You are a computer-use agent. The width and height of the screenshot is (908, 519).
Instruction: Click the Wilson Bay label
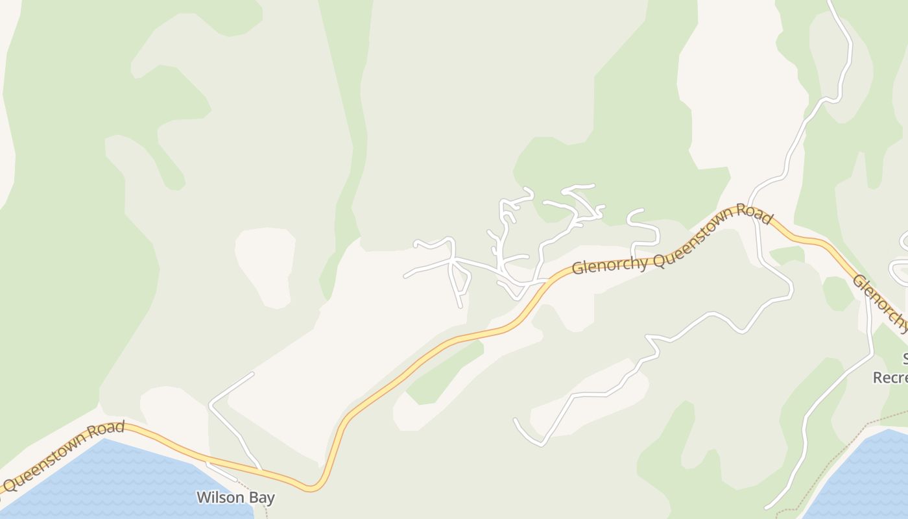[x=235, y=498]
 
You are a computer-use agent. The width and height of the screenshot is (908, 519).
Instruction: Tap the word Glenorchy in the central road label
[x=610, y=262]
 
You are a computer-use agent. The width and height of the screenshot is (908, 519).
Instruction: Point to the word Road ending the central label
[x=754, y=214]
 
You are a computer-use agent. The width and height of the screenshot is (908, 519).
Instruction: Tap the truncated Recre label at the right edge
[x=890, y=378]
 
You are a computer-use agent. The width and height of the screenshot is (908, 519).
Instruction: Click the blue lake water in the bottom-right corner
[x=863, y=480]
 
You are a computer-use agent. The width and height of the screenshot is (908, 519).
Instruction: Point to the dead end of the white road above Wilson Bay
[x=252, y=374]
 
